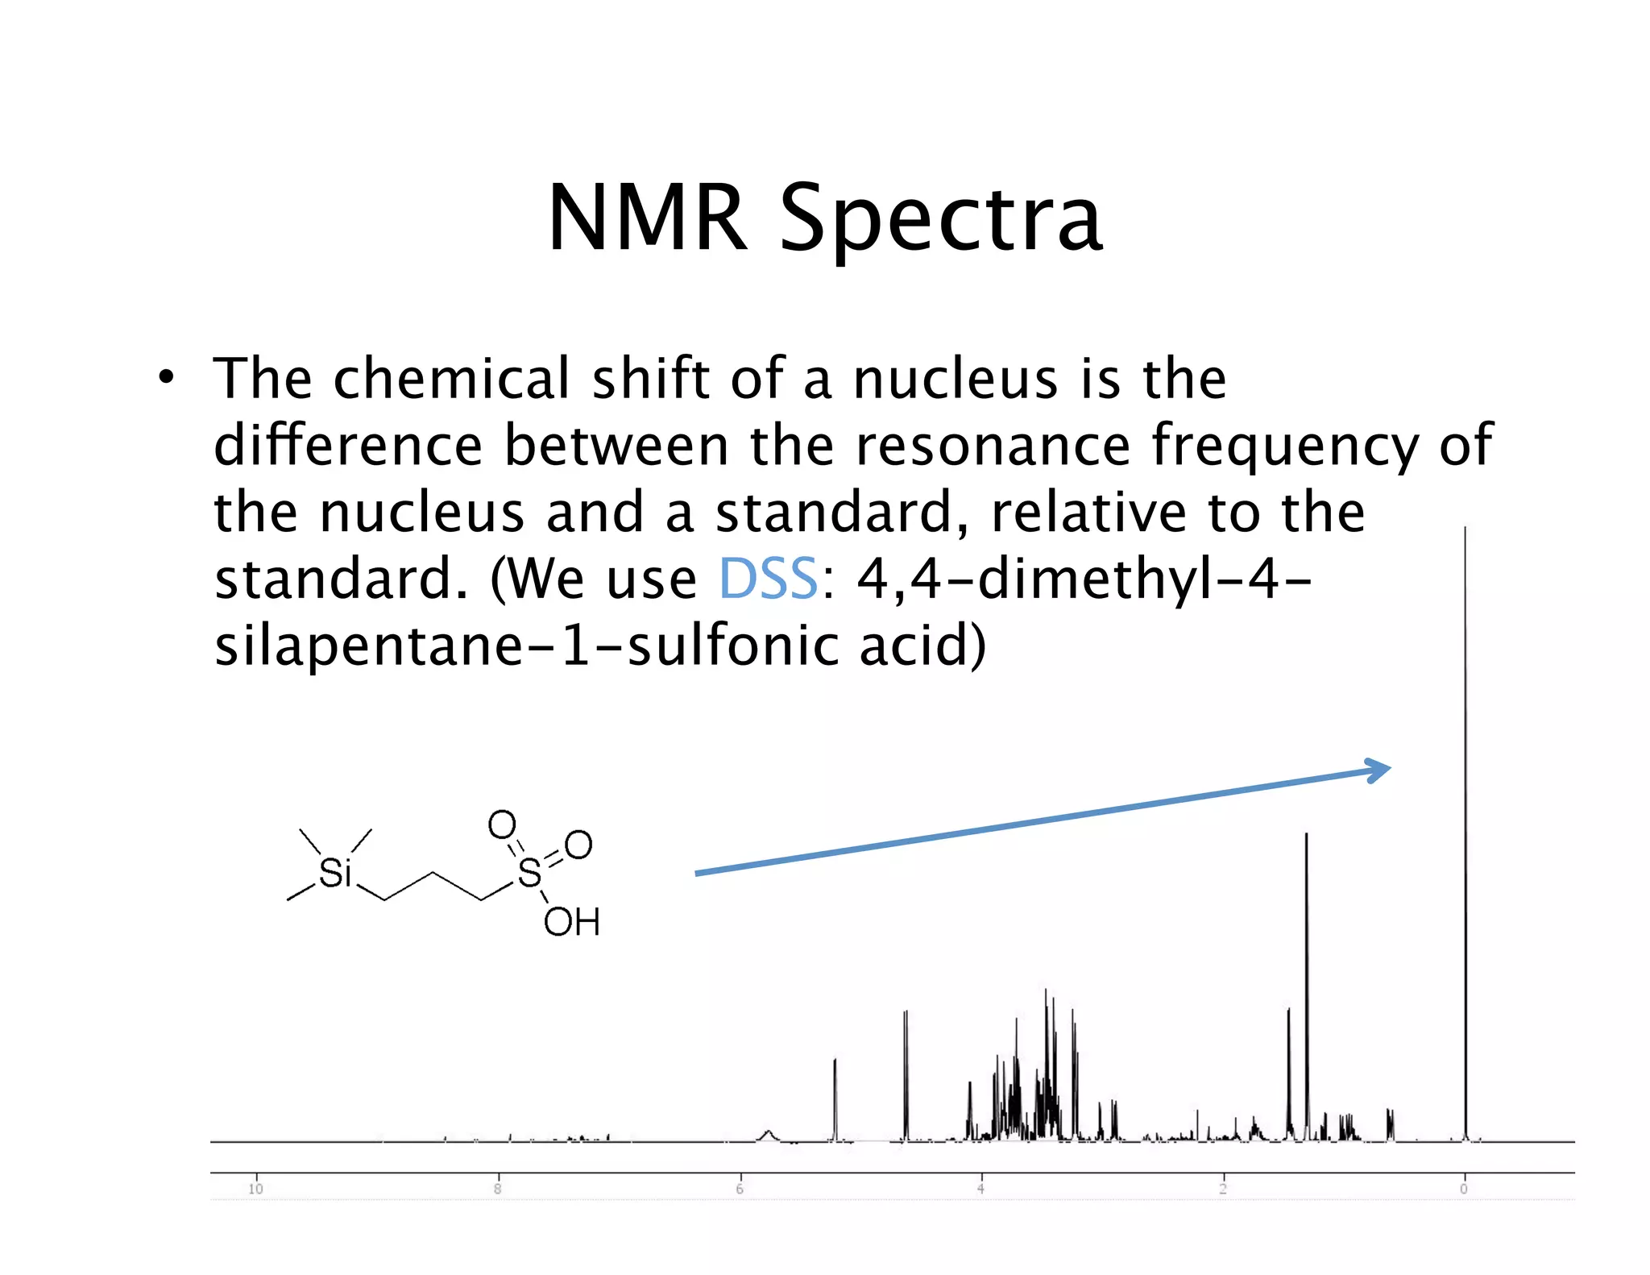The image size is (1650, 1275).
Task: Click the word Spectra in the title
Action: tap(940, 219)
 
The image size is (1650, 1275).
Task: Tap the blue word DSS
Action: tap(768, 579)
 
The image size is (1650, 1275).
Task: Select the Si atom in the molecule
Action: tap(335, 873)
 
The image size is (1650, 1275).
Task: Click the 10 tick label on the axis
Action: tap(255, 1189)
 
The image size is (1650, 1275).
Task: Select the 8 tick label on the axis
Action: tap(498, 1189)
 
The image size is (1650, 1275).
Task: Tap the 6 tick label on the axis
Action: tap(740, 1189)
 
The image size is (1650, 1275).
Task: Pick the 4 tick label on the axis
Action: tap(981, 1189)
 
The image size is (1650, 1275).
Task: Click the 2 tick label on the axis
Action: tap(1223, 1189)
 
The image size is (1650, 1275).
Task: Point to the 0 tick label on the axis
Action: tap(1464, 1189)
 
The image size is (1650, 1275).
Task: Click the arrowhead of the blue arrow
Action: tap(1379, 770)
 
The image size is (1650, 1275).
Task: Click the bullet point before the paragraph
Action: tap(166, 377)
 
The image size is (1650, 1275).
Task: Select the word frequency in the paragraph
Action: tap(1285, 446)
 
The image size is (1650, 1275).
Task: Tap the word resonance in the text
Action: tap(993, 446)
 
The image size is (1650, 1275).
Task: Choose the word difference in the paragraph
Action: tap(347, 446)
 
